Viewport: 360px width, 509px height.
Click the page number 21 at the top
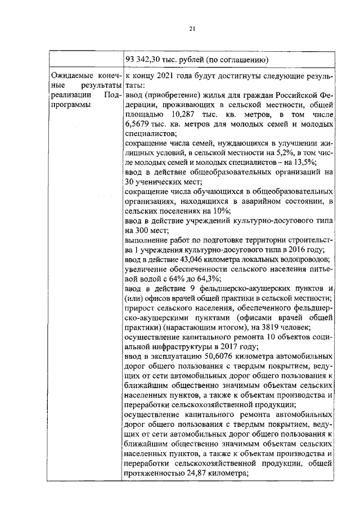191,29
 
